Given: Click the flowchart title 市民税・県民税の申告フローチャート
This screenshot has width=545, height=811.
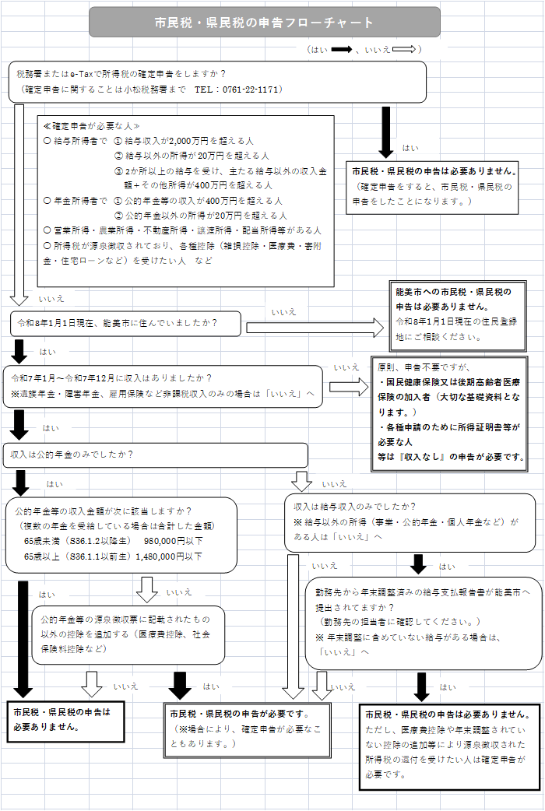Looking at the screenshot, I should coord(264,23).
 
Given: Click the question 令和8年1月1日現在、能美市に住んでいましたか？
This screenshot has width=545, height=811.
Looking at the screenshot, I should coord(118,321).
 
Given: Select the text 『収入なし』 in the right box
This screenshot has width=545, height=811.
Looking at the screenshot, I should coord(428,457).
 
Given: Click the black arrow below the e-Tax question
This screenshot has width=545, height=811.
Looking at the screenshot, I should coord(385,131).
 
